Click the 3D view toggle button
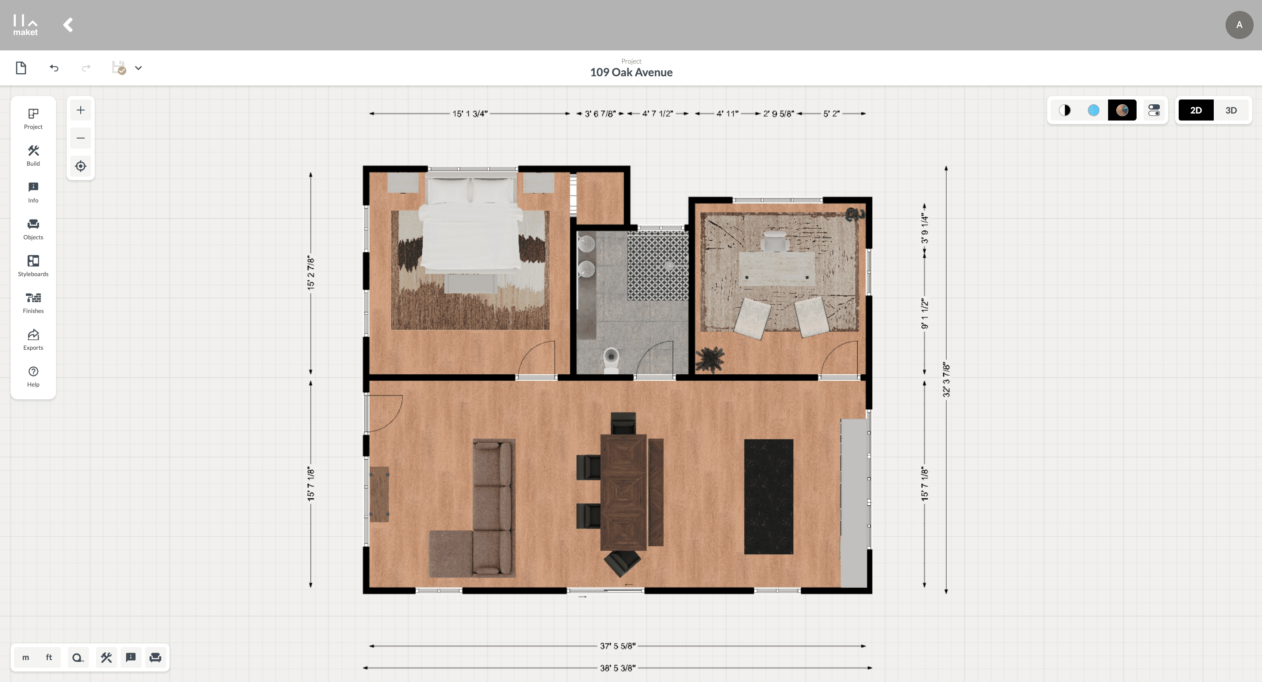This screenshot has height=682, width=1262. click(1230, 110)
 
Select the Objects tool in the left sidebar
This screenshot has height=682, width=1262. click(33, 229)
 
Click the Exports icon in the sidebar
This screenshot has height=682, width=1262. click(33, 339)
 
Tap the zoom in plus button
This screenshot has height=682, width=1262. click(80, 110)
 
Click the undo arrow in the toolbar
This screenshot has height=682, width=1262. click(54, 68)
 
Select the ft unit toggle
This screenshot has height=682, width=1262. click(49, 657)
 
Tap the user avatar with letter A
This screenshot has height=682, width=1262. click(1239, 25)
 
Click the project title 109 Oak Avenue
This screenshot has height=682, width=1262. click(631, 72)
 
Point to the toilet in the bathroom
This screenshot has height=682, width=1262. click(611, 360)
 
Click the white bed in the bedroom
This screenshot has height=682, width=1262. click(471, 223)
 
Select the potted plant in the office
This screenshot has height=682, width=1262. click(709, 359)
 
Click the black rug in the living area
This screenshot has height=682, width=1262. click(768, 497)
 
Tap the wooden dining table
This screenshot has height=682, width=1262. click(623, 492)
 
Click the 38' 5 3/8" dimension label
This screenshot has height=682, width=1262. click(617, 668)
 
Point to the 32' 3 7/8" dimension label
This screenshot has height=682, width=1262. click(946, 380)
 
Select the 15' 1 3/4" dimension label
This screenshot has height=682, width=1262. click(469, 114)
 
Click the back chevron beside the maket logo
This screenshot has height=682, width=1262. click(68, 25)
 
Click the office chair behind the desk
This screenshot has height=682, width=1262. click(774, 241)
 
